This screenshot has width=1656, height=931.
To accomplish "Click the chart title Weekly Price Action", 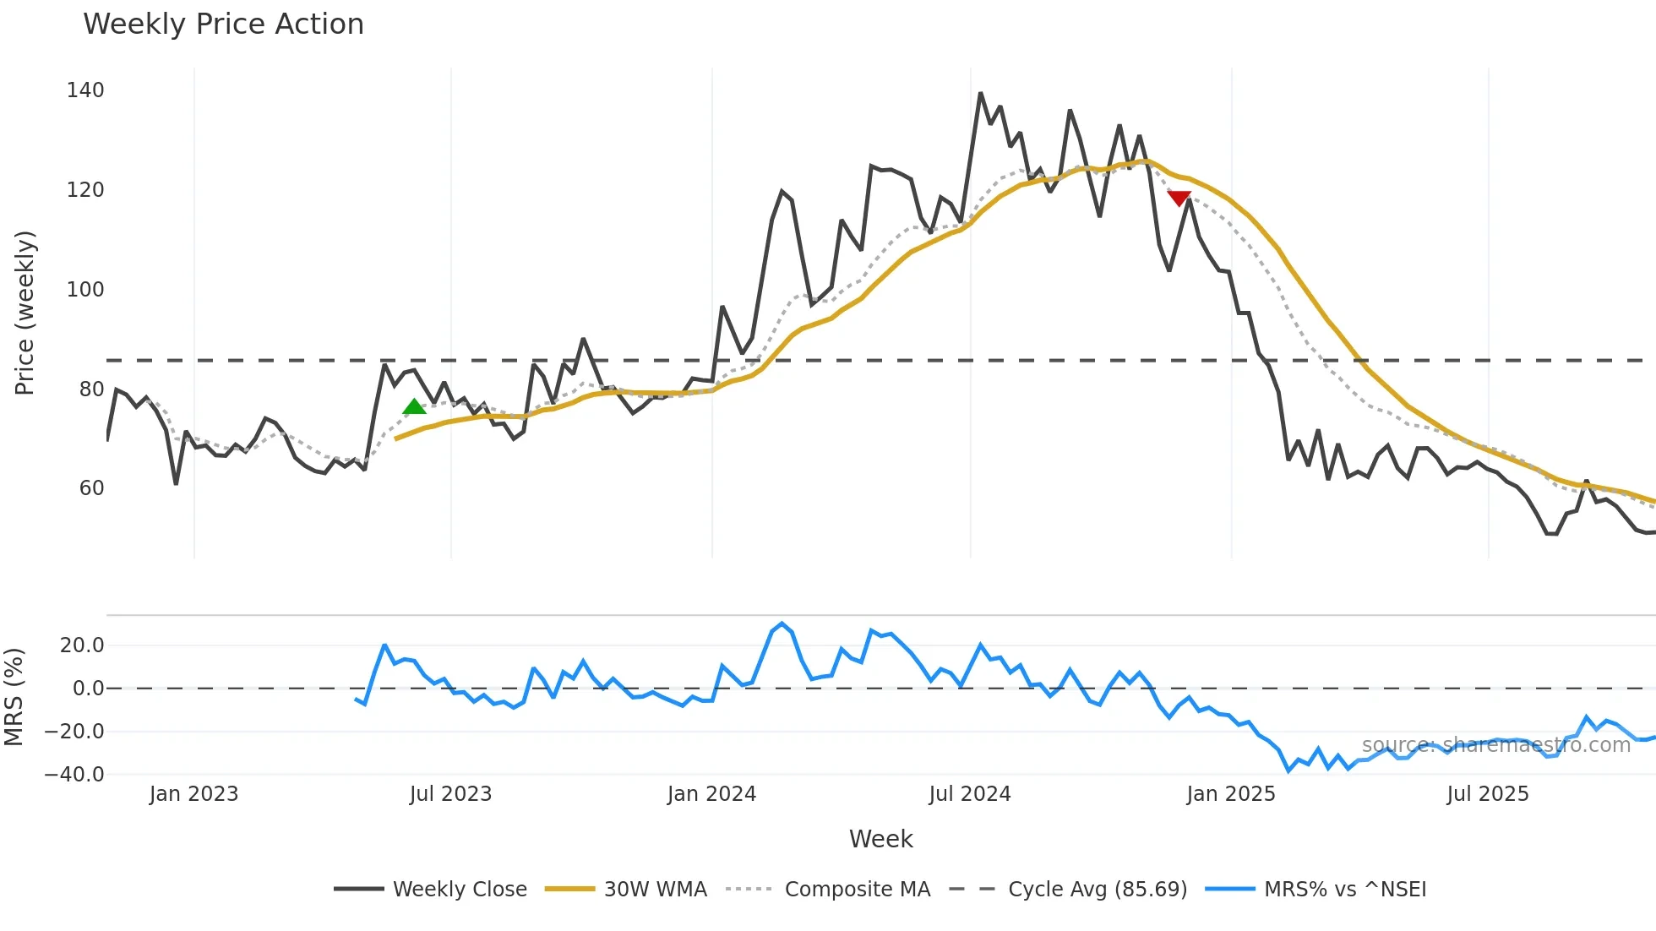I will click(x=223, y=24).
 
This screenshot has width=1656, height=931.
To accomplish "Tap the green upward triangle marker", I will click(x=414, y=407).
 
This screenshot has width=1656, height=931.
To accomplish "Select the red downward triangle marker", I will click(x=1179, y=198).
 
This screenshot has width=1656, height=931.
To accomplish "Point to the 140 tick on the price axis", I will click(x=85, y=90).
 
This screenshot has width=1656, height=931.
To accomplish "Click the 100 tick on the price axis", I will click(x=85, y=290).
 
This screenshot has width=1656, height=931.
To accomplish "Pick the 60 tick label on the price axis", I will click(x=91, y=488).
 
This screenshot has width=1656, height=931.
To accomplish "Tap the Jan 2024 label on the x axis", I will click(x=711, y=794).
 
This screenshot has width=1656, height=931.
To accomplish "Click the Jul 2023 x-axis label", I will click(x=450, y=794).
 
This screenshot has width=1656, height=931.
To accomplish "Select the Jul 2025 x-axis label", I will click(x=1487, y=794).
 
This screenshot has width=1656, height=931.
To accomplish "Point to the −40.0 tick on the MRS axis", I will click(x=74, y=775).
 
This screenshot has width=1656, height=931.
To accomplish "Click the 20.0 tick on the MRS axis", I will click(x=82, y=645).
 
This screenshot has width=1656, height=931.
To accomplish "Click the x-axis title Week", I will click(x=880, y=839).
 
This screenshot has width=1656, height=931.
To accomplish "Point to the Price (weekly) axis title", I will click(x=25, y=313).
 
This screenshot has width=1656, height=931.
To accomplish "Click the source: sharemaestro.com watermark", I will click(x=1495, y=745).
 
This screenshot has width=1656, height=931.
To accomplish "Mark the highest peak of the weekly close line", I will click(x=980, y=93).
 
